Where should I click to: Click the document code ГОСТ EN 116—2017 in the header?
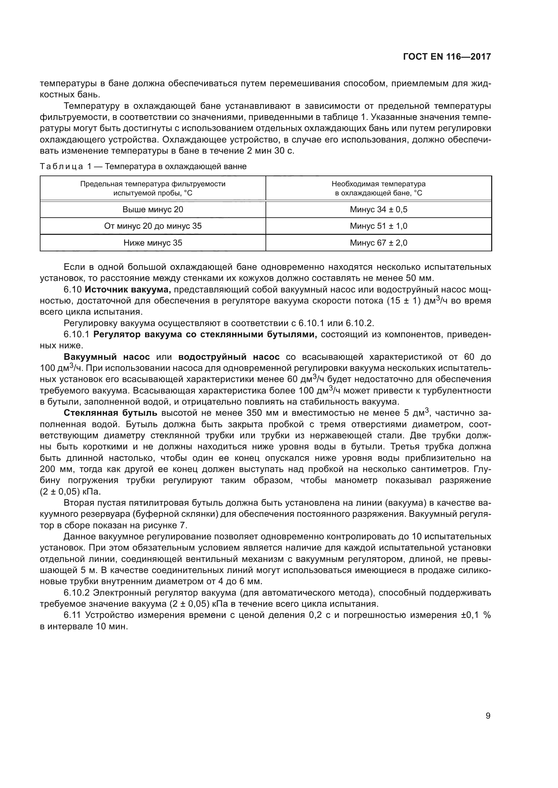click(x=447, y=57)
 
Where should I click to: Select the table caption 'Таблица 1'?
click(x=65, y=167)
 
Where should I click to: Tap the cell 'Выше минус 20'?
click(x=153, y=209)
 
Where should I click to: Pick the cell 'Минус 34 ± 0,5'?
click(x=378, y=209)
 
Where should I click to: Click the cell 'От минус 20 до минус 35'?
click(x=153, y=226)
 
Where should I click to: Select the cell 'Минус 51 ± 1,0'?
click(x=378, y=226)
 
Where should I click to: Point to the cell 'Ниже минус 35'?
click(x=153, y=243)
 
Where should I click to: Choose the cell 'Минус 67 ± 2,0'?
click(x=378, y=243)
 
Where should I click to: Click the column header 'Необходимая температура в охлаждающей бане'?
click(x=378, y=188)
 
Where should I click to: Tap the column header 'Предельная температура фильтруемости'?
click(x=153, y=188)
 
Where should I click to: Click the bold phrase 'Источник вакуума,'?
click(x=128, y=290)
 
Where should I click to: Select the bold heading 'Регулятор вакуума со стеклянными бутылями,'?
click(x=205, y=335)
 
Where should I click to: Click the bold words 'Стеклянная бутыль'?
click(x=111, y=413)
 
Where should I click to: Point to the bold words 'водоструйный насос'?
click(x=229, y=357)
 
